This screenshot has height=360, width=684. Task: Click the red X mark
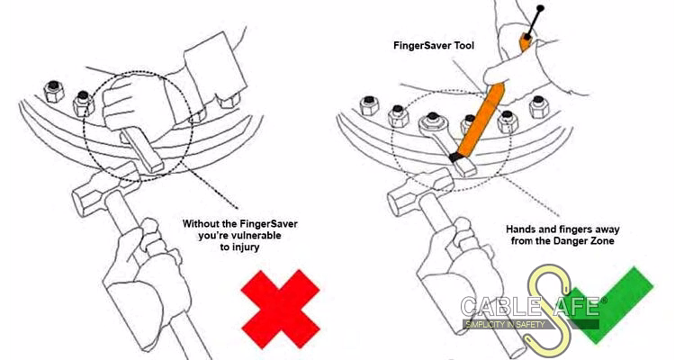[281, 309]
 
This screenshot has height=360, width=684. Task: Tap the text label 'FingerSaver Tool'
[434, 45]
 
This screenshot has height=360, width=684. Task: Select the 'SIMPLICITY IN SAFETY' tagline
[505, 324]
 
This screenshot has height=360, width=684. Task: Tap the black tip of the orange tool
[455, 157]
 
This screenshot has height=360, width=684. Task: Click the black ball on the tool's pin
[541, 8]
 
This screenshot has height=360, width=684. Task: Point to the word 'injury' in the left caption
[247, 247]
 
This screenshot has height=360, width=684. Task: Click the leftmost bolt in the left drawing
[54, 92]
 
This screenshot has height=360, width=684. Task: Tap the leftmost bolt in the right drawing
[369, 106]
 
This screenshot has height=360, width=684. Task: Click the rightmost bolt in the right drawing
[540, 107]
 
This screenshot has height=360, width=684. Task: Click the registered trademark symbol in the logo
[604, 301]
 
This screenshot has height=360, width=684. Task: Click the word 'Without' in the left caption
[202, 224]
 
